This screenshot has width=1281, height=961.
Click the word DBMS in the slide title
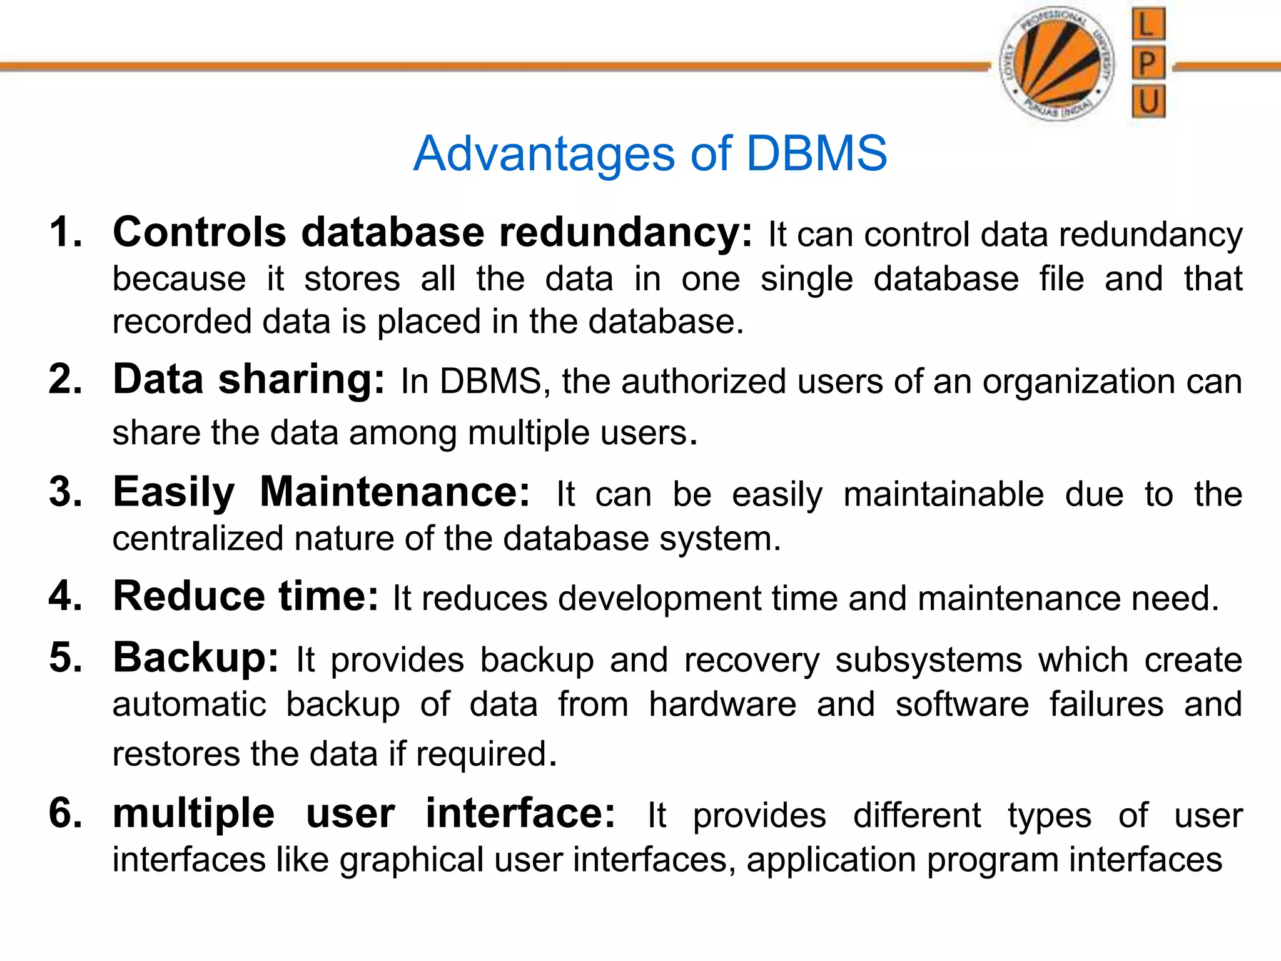click(816, 153)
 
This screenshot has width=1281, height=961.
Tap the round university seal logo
click(1058, 63)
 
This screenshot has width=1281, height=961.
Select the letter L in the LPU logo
click(1148, 25)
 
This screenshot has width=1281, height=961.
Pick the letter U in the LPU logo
click(1148, 101)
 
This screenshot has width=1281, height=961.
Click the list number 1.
click(66, 233)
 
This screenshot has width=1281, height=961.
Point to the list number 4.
click(66, 596)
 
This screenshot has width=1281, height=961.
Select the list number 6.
click(66, 813)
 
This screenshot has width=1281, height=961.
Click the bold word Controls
click(200, 232)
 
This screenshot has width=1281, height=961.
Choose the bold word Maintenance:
click(395, 492)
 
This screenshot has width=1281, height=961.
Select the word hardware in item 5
click(722, 704)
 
